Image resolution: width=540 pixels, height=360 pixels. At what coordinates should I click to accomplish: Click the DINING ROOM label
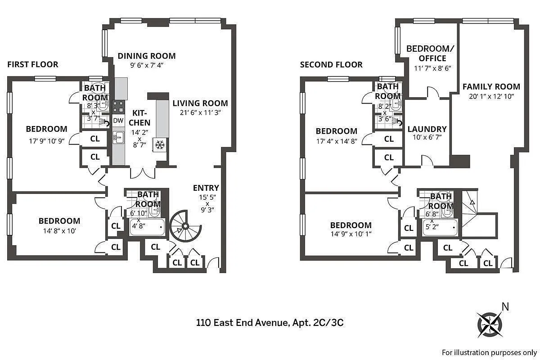(146, 56)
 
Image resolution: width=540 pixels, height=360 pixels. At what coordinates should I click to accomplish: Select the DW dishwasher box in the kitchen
(118, 121)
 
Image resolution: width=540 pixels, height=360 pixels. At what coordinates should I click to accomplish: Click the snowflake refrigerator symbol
(160, 144)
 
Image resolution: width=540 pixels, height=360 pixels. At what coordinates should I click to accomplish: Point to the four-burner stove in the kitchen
(119, 107)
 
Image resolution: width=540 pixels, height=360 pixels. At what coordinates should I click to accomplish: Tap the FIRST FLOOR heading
(33, 64)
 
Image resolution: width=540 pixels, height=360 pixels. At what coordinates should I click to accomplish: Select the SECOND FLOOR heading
(331, 65)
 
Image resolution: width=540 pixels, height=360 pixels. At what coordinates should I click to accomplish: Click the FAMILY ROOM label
(491, 86)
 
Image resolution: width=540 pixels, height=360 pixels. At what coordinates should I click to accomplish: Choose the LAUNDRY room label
(427, 129)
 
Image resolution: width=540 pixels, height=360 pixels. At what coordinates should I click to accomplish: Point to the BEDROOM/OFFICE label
(426, 53)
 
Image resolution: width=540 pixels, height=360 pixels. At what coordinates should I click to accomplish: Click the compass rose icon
(489, 323)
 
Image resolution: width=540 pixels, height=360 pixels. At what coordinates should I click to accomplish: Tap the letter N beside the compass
(505, 307)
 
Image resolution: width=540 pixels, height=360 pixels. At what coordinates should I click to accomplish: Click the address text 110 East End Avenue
(243, 322)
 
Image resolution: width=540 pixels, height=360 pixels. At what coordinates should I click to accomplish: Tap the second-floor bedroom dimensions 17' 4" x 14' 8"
(337, 142)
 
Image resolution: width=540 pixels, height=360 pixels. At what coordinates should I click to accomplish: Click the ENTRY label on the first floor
(206, 188)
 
